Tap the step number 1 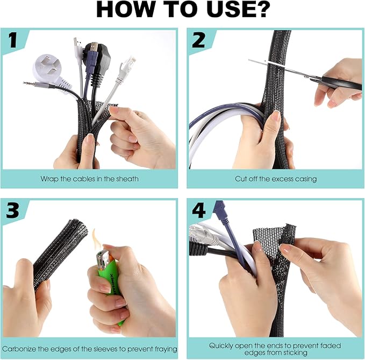pos(13,40)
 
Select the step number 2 pos(198,40)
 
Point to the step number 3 pos(12,210)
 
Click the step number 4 pos(199,210)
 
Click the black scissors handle pos(341,83)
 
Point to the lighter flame pos(96,239)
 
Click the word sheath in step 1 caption pos(127,179)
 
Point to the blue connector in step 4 pos(219,211)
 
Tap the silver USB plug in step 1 pos(77,44)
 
